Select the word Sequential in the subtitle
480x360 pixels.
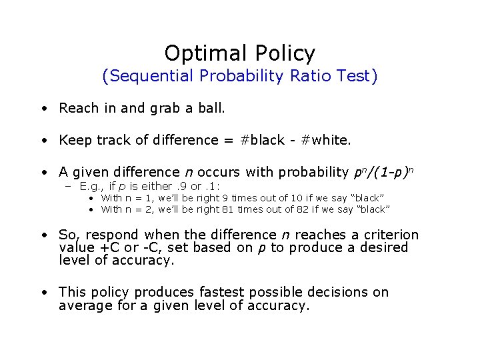[151, 76]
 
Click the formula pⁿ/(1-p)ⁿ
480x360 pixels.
[386, 173]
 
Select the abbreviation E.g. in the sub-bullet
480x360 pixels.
[91, 186]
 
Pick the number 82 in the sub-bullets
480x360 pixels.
[317, 209]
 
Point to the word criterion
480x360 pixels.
[391, 235]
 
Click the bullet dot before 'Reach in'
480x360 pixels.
[43, 109]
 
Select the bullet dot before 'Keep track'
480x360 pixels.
[43, 141]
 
